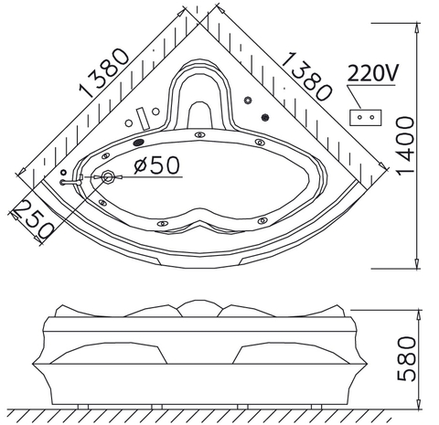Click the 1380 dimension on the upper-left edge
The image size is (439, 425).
pyautogui.click(x=104, y=73)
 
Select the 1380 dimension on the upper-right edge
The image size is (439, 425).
pyautogui.click(x=306, y=77)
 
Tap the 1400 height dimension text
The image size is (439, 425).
pyautogui.click(x=405, y=145)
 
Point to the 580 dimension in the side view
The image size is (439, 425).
pyautogui.click(x=407, y=358)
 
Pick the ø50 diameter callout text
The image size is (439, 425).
pyautogui.click(x=156, y=165)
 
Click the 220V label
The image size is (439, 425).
pyautogui.click(x=372, y=73)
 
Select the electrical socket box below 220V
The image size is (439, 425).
pyautogui.click(x=365, y=118)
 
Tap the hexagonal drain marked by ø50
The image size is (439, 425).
pyautogui.click(x=108, y=177)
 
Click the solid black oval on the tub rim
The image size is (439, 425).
pyautogui.click(x=138, y=142)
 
